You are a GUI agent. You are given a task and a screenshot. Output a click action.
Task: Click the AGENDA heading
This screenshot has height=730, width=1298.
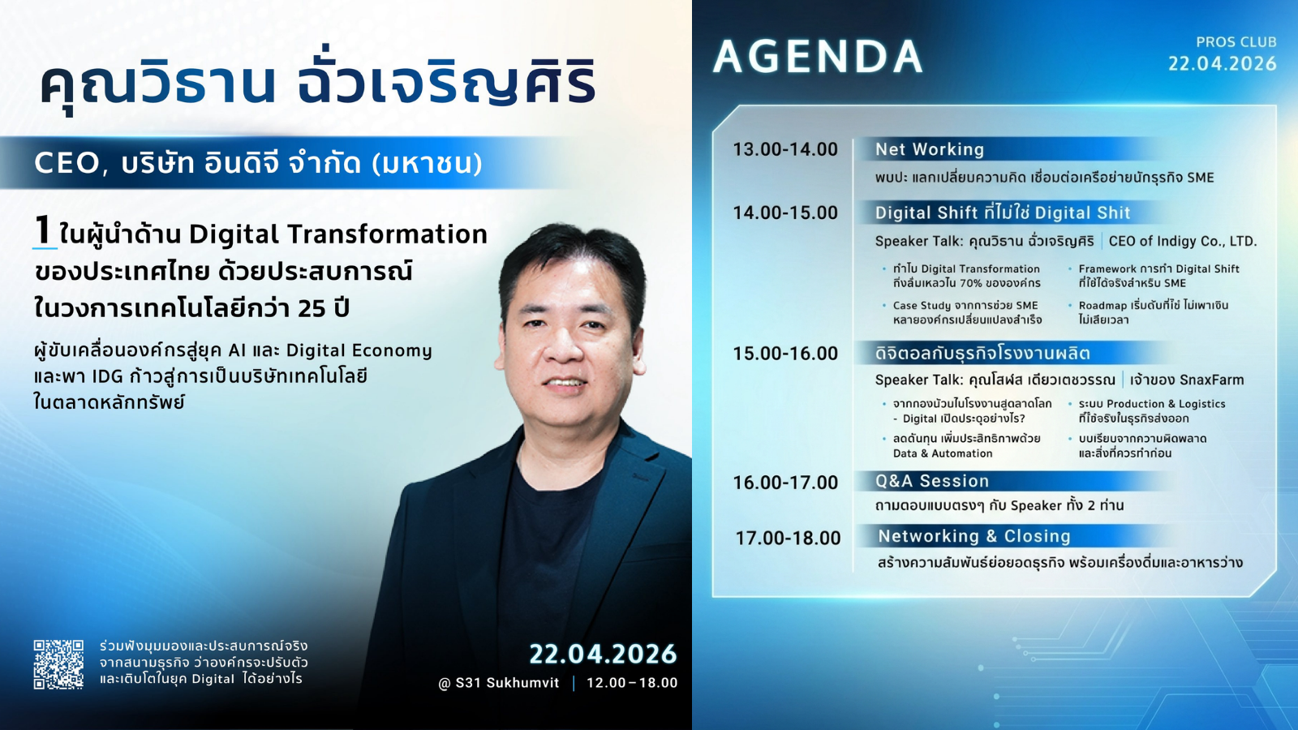pos(818,57)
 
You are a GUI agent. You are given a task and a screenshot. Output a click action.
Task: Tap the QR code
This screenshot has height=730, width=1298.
pos(58,664)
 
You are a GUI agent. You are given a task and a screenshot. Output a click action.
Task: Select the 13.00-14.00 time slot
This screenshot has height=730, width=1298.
pos(785,149)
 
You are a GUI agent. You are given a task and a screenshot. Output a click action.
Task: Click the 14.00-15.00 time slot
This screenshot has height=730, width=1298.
pos(785,213)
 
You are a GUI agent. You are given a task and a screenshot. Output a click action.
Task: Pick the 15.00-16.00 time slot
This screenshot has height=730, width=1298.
pos(785,354)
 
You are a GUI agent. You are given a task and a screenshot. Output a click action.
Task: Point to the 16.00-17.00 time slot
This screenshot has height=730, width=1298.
pos(785,483)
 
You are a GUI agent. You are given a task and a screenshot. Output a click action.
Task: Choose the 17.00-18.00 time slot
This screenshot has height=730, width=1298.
pos(788,539)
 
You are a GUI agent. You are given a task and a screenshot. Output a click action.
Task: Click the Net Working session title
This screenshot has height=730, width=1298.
pos(930,149)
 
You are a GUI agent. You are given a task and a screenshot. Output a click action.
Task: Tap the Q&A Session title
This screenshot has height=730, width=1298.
pos(932,481)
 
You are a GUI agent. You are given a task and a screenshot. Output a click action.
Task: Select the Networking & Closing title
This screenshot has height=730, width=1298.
pos(974,536)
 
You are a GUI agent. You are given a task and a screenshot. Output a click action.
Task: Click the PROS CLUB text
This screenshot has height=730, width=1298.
pos(1236,42)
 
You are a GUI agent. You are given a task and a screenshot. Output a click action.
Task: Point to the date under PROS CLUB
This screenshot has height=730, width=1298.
pos(1222,63)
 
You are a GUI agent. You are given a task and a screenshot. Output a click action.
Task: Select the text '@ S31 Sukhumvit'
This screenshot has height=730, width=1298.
pos(498,683)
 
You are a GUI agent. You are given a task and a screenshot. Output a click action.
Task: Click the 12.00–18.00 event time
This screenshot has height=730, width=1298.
pos(632,683)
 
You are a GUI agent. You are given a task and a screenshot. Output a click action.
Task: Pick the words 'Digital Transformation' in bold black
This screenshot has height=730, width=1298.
pos(337,234)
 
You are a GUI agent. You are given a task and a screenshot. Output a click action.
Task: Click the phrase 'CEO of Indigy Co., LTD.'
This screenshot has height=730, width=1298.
pos(1183,241)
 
